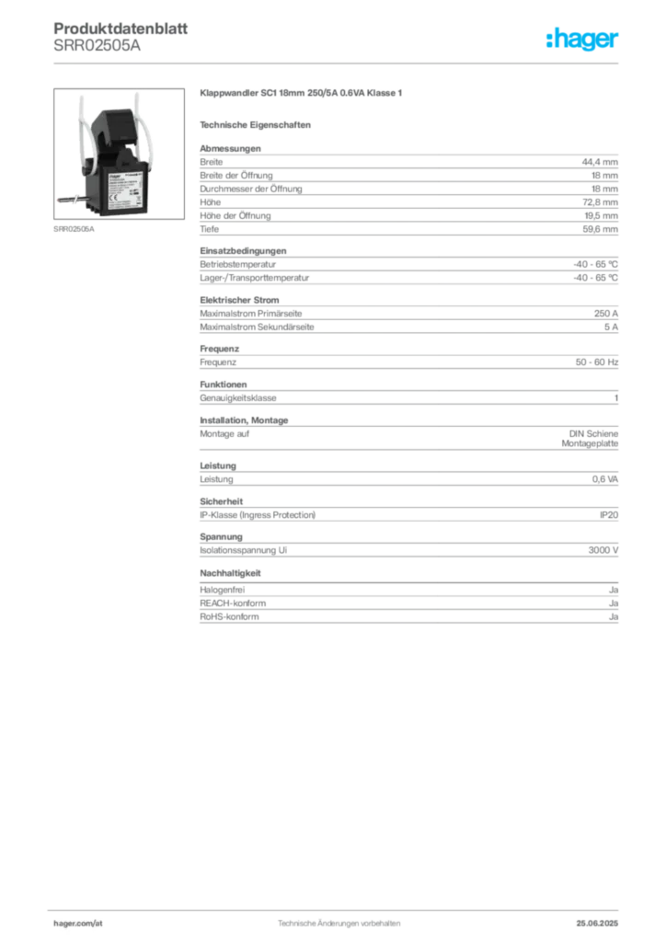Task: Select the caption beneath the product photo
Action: click(x=74, y=229)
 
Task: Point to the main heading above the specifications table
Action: click(x=302, y=95)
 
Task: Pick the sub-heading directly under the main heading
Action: click(x=258, y=123)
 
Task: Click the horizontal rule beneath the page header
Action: click(x=339, y=63)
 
